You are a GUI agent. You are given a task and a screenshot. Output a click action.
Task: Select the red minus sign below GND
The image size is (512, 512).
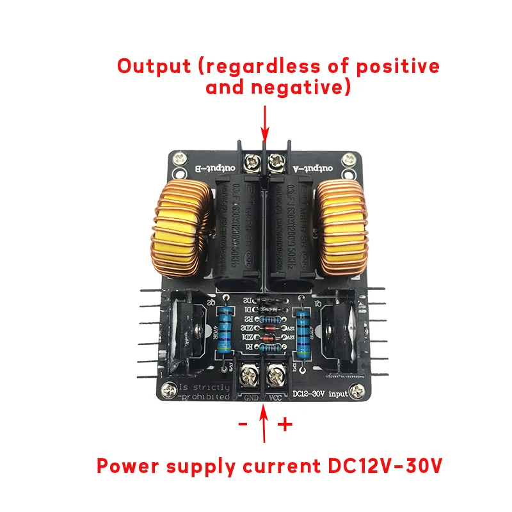pyautogui.click(x=243, y=424)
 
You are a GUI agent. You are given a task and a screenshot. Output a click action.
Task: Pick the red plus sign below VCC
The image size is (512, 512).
pyautogui.click(x=285, y=424)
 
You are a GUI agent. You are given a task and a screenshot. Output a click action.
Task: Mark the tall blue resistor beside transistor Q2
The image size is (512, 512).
pyautogui.click(x=225, y=329)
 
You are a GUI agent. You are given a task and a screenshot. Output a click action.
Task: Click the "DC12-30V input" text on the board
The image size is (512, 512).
pyautogui.click(x=319, y=394)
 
